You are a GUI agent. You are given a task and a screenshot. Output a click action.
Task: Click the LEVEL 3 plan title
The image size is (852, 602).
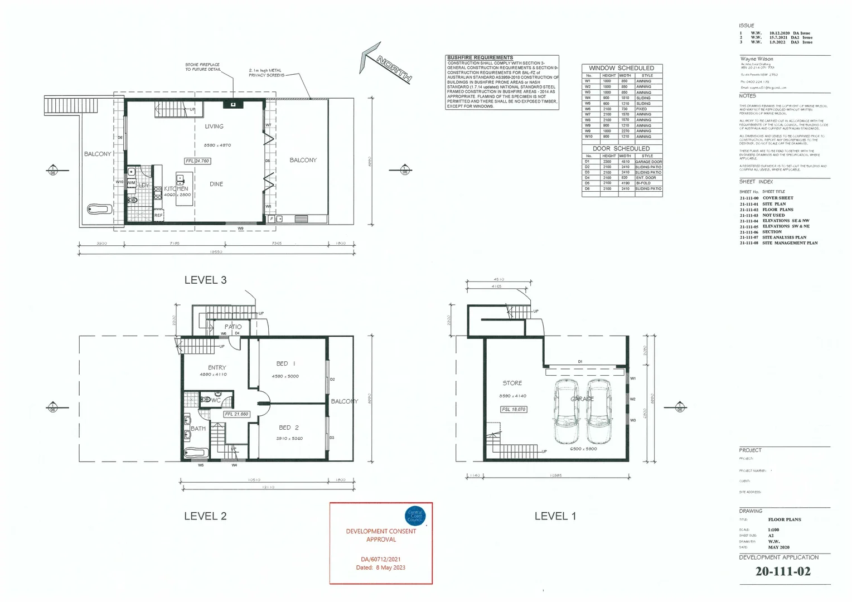click(x=205, y=280)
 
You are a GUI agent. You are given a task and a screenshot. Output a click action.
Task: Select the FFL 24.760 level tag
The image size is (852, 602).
click(x=197, y=161)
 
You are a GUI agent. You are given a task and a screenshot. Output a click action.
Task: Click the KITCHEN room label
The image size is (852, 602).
click(x=176, y=189)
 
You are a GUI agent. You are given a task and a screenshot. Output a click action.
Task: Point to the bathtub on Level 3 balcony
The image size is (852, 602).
click(x=100, y=210)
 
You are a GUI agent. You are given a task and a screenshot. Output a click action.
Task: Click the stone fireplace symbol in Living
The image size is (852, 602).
click(x=233, y=104)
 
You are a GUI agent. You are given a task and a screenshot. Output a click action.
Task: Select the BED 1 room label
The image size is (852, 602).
click(x=285, y=363)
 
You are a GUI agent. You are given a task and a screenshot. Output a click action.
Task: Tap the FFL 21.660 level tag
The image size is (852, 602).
click(x=236, y=414)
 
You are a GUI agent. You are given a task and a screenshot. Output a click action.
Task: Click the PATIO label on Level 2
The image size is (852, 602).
click(x=233, y=327)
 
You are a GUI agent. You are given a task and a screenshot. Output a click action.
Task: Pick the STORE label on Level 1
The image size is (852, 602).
click(x=512, y=383)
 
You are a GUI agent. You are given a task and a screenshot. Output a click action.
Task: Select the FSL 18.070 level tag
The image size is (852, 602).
click(x=514, y=409)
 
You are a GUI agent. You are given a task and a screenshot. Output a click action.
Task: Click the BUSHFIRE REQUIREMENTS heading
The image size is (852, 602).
click(x=480, y=57)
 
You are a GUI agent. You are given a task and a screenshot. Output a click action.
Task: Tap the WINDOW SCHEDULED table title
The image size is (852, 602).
click(x=621, y=68)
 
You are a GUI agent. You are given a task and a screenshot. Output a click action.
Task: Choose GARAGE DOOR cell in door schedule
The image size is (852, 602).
click(x=648, y=162)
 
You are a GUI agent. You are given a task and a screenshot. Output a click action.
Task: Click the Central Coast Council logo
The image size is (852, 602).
click(x=415, y=516)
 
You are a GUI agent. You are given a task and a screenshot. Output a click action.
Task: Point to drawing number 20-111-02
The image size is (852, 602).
click(x=783, y=571)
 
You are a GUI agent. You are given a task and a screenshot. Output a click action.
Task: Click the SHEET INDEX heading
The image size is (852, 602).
click(x=756, y=182)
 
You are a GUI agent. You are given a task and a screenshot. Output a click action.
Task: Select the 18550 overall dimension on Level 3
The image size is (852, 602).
click(x=216, y=252)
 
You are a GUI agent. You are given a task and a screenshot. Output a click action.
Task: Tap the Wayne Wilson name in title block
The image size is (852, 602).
click(x=756, y=59)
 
